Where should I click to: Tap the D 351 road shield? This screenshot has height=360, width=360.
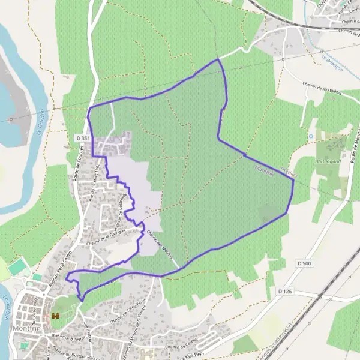83,138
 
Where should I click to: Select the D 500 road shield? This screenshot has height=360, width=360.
305,263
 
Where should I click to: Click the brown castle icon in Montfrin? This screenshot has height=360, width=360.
55,316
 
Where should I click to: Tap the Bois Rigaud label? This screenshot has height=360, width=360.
328,161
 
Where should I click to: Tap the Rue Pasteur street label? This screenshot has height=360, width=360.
88,330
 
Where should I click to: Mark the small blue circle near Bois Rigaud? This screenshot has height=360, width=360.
311,136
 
